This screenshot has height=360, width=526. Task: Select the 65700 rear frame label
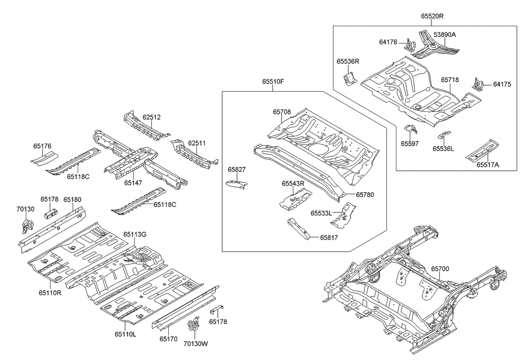[440, 269]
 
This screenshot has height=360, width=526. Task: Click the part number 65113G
[135, 234]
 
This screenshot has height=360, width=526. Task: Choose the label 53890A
[445, 34]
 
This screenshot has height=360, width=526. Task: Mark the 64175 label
[502, 84]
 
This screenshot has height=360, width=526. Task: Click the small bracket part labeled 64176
[409, 44]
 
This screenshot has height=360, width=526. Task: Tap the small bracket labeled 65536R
[349, 78]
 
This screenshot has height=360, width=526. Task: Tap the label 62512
[152, 117]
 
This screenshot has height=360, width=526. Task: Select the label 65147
[134, 183]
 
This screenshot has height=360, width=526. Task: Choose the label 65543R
[293, 183]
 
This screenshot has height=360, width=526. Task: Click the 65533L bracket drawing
[349, 215]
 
